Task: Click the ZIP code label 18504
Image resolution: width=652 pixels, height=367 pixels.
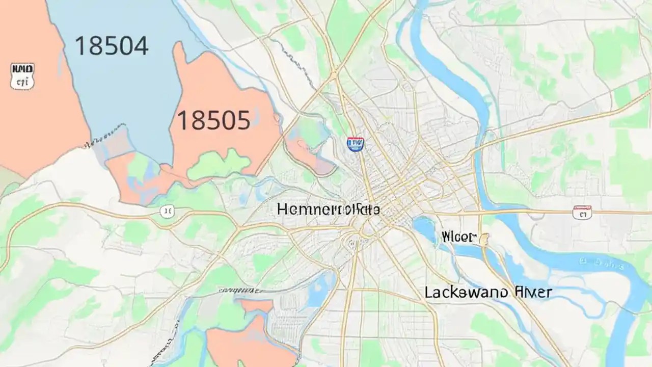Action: coord(112,46)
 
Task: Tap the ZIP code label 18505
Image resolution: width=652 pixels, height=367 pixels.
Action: coord(213,121)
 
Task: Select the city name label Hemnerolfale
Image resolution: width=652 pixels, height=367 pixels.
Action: coord(329,209)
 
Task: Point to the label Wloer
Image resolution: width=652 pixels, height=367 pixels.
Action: coord(458,237)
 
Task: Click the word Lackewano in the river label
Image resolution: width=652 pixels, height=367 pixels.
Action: coord(466,292)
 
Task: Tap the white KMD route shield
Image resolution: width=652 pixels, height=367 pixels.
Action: coord(22,75)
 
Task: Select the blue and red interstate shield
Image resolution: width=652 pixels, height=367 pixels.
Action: coord(355,144)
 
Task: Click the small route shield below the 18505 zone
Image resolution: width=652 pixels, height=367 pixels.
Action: coord(167,211)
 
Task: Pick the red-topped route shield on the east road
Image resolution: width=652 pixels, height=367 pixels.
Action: coord(582,212)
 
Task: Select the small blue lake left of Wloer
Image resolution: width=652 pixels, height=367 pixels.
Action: coord(424,227)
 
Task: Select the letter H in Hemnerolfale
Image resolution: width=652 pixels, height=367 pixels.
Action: coord(283,209)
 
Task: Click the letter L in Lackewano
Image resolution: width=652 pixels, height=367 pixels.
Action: coord(429,292)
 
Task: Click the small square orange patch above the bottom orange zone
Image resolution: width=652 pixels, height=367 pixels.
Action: coord(256,305)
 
